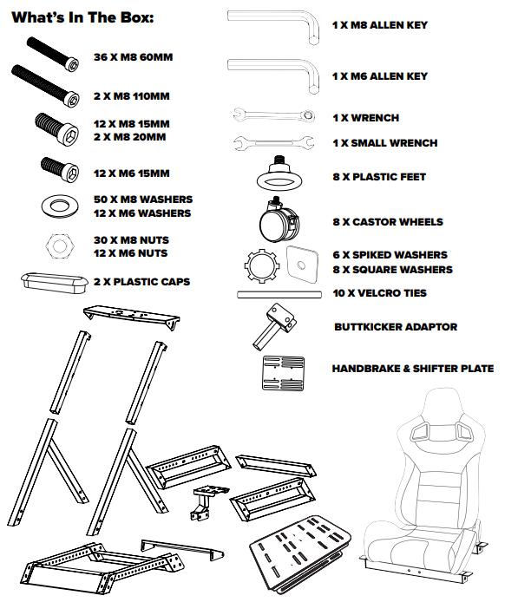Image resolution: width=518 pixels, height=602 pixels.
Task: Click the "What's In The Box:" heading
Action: pyautogui.click(x=82, y=17)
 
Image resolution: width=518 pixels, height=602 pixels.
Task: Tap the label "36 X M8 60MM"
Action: pyautogui.click(x=134, y=57)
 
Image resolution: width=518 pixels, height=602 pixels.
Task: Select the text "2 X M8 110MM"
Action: pyautogui.click(x=131, y=96)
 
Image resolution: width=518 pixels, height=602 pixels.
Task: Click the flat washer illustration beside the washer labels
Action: pyautogui.click(x=60, y=206)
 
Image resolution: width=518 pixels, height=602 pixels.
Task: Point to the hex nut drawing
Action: pyautogui.click(x=60, y=245)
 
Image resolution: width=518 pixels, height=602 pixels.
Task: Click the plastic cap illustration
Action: pyautogui.click(x=54, y=283)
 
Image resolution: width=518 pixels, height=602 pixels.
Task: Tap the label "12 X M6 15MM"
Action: pyautogui.click(x=131, y=173)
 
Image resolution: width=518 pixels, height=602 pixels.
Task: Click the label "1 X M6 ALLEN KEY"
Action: pyautogui.click(x=380, y=76)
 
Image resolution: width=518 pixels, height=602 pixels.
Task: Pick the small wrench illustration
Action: pyautogui.click(x=274, y=143)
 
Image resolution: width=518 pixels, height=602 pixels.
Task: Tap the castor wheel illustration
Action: pyautogui.click(x=279, y=219)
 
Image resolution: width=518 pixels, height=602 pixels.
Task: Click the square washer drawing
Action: pyautogui.click(x=302, y=265)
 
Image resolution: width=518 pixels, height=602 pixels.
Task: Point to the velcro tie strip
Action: pyautogui.click(x=279, y=295)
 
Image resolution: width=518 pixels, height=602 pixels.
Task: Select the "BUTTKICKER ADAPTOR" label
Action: pyautogui.click(x=396, y=327)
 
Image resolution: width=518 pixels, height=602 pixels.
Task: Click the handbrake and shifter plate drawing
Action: pyautogui.click(x=284, y=373)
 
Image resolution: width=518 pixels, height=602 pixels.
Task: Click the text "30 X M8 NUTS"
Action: pyautogui.click(x=131, y=240)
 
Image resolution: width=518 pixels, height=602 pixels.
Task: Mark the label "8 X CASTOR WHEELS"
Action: pyautogui.click(x=388, y=222)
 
